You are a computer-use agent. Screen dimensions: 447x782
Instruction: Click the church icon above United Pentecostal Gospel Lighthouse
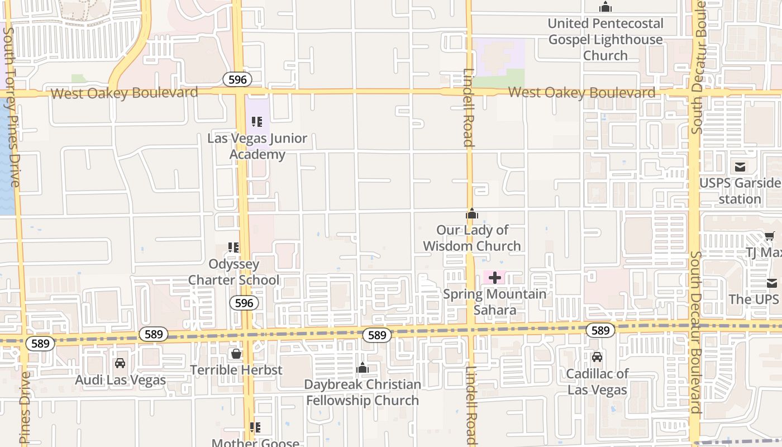click(605, 7)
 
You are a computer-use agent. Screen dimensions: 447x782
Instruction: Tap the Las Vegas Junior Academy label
click(258, 146)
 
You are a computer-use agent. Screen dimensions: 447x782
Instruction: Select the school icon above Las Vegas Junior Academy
click(257, 122)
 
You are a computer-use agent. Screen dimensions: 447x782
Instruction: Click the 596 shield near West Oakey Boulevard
click(237, 79)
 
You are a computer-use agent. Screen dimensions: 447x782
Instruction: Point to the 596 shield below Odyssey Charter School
click(244, 303)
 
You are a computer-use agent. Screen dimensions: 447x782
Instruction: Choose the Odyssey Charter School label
click(234, 272)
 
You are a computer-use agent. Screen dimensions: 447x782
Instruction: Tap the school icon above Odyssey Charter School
click(233, 247)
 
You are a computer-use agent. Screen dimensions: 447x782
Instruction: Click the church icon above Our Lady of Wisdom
click(472, 213)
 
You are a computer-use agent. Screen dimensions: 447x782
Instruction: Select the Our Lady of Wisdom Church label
click(472, 238)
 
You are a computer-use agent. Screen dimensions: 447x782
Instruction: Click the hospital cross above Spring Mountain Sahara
click(494, 277)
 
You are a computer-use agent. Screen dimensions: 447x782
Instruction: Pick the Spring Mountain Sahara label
click(495, 302)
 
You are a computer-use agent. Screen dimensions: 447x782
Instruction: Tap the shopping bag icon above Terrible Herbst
click(236, 354)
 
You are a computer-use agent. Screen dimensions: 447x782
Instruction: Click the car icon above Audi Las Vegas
click(120, 363)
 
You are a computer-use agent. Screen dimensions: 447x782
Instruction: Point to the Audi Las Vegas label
click(121, 381)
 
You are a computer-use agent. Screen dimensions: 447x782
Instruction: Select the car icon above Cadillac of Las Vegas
click(597, 357)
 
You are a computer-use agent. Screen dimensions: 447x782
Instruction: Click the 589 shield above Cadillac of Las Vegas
click(600, 330)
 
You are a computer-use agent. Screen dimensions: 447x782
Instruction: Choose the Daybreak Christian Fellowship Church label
click(363, 392)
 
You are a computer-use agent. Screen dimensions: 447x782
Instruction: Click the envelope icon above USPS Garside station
click(740, 167)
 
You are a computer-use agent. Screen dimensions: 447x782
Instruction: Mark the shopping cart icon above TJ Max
click(769, 236)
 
